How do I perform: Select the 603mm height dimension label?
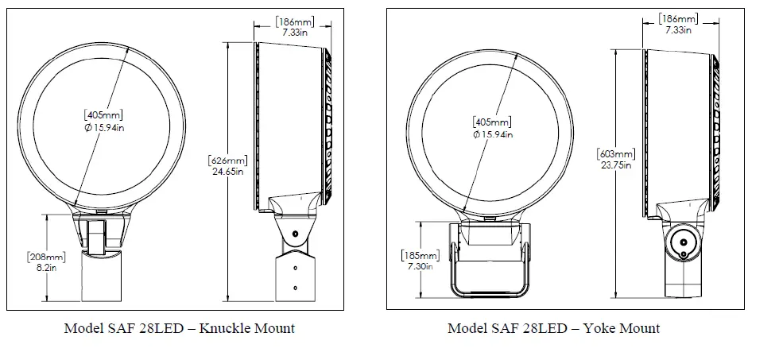tap(617, 153)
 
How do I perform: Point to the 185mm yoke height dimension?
tap(420, 256)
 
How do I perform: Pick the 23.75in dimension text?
tap(616, 165)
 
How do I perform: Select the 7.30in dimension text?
tap(419, 267)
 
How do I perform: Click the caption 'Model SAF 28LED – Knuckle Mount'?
tap(180, 328)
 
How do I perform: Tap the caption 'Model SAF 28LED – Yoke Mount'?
tap(553, 328)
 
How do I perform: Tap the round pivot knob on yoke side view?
tap(682, 242)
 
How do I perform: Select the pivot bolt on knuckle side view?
tap(294, 234)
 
